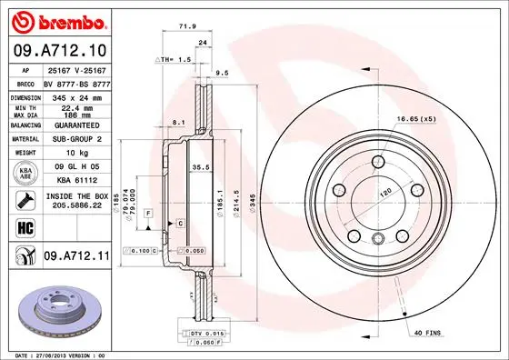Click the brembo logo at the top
point(61,21)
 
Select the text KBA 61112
point(77,181)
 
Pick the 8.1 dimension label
point(178,121)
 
